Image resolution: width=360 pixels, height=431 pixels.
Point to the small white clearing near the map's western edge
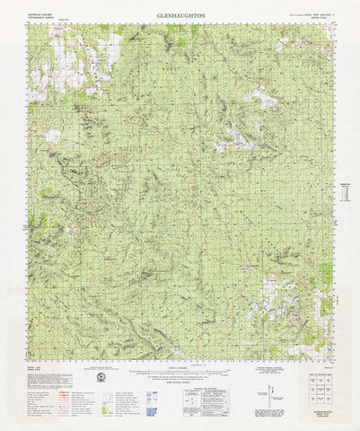[x=52, y=136]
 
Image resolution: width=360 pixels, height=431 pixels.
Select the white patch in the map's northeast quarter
[x=261, y=97]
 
